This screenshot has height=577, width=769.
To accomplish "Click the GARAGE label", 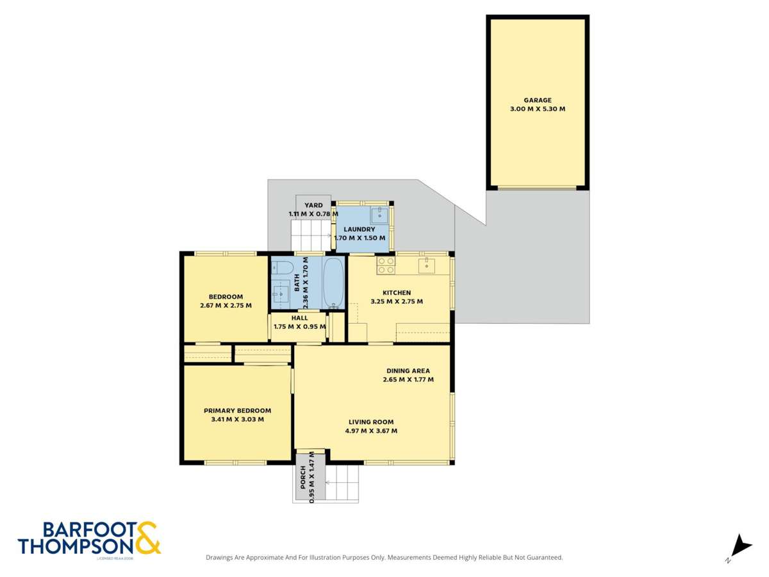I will (x=538, y=100).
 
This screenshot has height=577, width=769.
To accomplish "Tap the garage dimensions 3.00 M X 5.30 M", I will (x=538, y=109).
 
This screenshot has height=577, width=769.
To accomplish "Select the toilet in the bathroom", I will (x=283, y=267).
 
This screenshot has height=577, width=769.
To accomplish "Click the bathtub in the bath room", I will (x=333, y=283).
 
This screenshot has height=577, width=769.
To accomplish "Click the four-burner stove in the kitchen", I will (x=385, y=265).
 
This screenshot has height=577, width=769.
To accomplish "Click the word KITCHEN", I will (x=397, y=292).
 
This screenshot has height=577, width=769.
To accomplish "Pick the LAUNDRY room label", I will (x=359, y=230).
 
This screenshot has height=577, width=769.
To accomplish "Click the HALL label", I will (x=299, y=317).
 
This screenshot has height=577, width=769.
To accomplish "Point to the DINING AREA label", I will (x=408, y=371).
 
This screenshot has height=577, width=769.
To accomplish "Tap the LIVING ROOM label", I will (x=371, y=422).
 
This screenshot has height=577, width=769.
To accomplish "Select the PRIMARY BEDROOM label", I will (x=237, y=410).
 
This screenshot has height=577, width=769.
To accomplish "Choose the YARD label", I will (x=313, y=205).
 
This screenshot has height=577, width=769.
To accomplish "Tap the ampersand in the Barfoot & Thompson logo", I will (x=147, y=537).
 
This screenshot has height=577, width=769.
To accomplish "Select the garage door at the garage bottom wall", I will (x=537, y=188).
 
